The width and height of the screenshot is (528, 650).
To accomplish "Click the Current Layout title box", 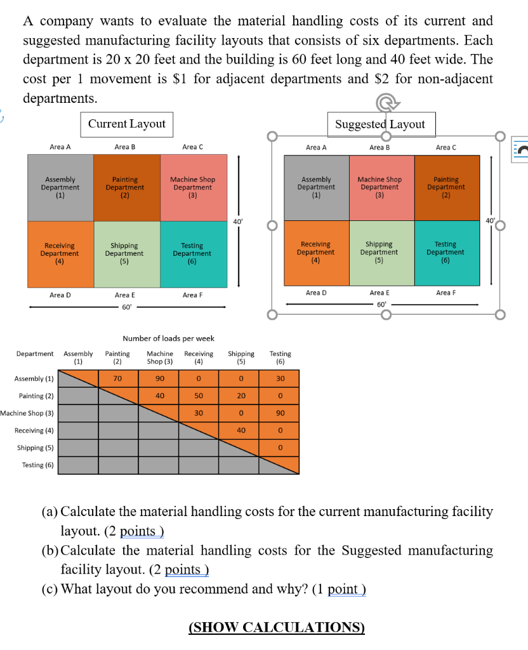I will pyautogui.click(x=127, y=124).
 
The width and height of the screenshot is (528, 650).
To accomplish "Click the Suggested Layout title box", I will pyautogui.click(x=381, y=124).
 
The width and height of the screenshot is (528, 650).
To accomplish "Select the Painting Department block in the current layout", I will pyautogui.click(x=124, y=188).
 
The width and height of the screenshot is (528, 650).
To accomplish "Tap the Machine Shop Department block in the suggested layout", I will pyautogui.click(x=379, y=188).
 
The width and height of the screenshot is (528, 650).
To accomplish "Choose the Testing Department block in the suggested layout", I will pyautogui.click(x=445, y=253).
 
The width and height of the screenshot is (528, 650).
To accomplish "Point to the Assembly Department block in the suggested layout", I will pyautogui.click(x=316, y=188).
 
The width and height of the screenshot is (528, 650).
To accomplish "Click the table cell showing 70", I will pyautogui.click(x=117, y=379).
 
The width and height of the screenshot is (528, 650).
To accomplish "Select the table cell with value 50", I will pyautogui.click(x=199, y=396).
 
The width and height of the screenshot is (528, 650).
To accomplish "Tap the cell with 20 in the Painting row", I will pyautogui.click(x=241, y=396).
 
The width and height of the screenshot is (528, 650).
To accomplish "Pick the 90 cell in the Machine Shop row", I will pyautogui.click(x=280, y=413).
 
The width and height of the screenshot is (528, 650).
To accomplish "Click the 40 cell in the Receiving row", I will pyautogui.click(x=241, y=430).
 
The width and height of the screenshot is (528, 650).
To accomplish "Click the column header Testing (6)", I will pyautogui.click(x=280, y=357).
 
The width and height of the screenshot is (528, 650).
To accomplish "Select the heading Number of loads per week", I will pyautogui.click(x=168, y=338).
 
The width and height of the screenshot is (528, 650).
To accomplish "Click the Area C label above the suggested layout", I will pyautogui.click(x=445, y=147).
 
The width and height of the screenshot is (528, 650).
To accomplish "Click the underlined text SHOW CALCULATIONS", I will pyautogui.click(x=277, y=628).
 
